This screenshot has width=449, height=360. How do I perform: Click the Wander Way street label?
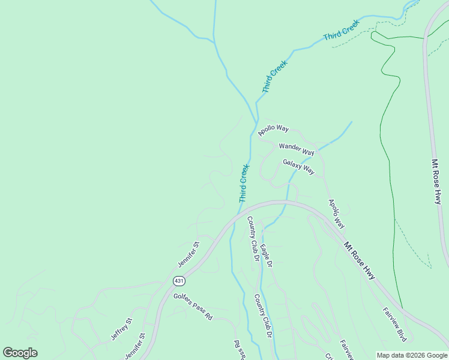click(x=297, y=149)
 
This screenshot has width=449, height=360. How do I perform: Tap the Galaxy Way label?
click(x=298, y=166)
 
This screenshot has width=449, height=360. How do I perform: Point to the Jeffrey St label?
click(x=120, y=329)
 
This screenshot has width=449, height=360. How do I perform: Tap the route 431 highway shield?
click(x=179, y=281)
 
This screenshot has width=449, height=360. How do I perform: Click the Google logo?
click(x=20, y=353)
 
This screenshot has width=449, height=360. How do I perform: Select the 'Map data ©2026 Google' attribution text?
click(x=412, y=355)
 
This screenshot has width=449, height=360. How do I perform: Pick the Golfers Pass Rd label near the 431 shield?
click(x=193, y=305)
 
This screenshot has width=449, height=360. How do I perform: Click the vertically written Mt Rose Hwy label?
click(x=436, y=182)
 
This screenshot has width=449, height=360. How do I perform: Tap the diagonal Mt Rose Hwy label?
click(x=360, y=260)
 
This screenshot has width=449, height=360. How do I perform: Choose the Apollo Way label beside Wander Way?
click(x=274, y=130)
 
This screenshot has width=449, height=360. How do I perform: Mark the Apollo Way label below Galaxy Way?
click(x=336, y=214)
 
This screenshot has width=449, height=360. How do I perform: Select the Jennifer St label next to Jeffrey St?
click(x=136, y=347)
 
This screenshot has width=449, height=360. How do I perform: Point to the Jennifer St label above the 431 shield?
click(x=188, y=255)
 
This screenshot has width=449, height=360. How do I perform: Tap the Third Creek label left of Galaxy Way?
click(x=244, y=183)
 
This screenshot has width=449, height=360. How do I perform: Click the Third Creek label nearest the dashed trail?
click(x=341, y=30)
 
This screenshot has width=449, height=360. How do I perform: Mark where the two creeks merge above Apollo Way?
click(x=256, y=103)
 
